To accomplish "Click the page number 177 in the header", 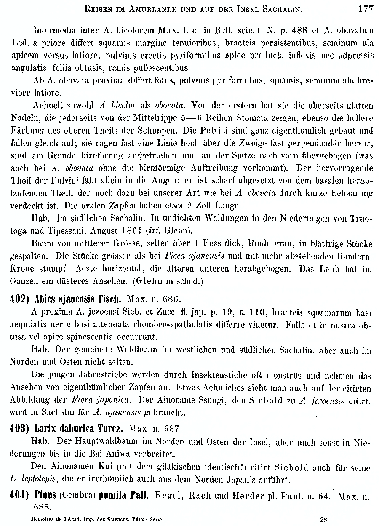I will (x=366, y=8).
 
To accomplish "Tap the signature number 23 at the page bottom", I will (x=324, y=520).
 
